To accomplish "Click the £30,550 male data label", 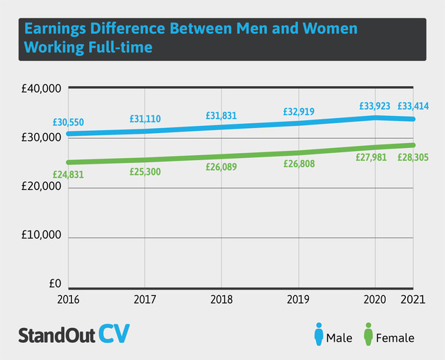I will pos(68,122).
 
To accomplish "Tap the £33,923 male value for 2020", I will pos(375,106).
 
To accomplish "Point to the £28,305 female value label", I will pos(413,157).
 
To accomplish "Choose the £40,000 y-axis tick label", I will pos(41,89).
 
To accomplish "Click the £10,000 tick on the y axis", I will pos(41,236).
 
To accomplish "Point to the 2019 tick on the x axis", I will pos(298,300).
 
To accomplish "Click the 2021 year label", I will pos(414,300).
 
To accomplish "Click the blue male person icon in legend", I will pos(317,335).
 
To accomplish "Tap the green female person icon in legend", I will pos(368,335).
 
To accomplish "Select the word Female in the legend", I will pos(396,338).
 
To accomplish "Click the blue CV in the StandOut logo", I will pos(115,334).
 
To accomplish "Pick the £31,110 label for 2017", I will pos(145,119).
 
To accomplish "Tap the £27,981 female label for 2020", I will pos(372,157).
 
